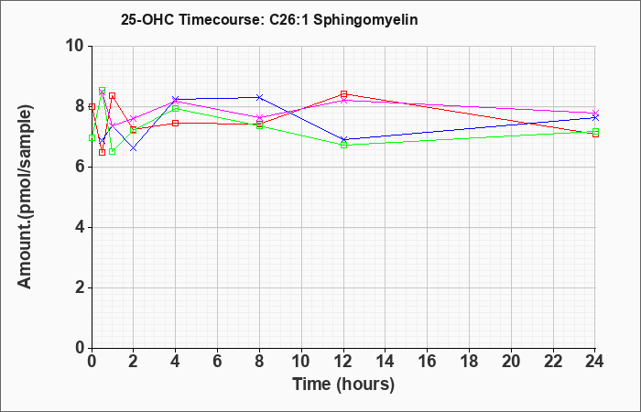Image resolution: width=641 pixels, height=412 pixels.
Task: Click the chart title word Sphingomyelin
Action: [x=365, y=20]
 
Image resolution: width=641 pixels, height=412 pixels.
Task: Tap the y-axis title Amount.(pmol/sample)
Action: [x=25, y=197]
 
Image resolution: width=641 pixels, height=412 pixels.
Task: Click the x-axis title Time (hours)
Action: [x=343, y=385]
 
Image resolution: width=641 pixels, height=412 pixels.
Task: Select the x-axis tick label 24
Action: [x=595, y=362]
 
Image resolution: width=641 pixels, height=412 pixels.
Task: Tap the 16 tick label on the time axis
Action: [x=428, y=362]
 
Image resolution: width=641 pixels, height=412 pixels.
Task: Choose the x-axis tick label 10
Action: [x=301, y=362]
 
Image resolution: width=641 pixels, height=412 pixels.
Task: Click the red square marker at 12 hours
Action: [x=343, y=94]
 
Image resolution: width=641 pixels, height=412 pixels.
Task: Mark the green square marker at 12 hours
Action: [x=343, y=145]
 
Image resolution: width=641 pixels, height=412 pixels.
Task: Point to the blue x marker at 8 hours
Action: [x=259, y=97]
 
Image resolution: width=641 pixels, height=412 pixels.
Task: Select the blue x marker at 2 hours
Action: [x=134, y=148]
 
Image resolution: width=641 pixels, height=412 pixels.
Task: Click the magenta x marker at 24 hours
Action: [x=595, y=113]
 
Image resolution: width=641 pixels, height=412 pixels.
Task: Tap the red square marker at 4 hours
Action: [x=176, y=123]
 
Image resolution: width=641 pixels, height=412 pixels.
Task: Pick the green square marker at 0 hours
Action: [x=92, y=137]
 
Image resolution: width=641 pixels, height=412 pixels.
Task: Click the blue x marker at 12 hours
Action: [x=343, y=139]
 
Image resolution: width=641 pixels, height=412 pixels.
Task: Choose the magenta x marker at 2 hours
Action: [x=134, y=118]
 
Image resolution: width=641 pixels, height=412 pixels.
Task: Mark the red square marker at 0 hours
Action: [x=92, y=107]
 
